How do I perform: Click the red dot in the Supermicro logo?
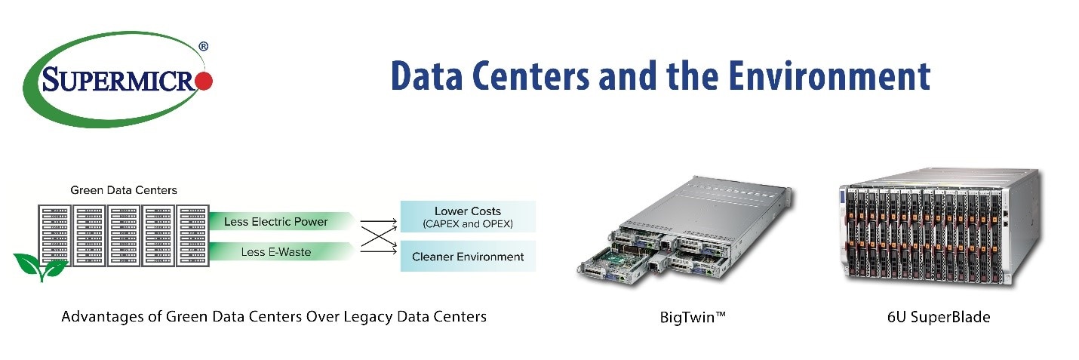pyautogui.click(x=205, y=81)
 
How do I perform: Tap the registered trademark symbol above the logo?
pyautogui.click(x=203, y=47)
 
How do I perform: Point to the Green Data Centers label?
pyautogui.click(x=124, y=190)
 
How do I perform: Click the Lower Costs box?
pyautogui.click(x=467, y=216)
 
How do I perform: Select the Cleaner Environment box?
pyautogui.click(x=467, y=257)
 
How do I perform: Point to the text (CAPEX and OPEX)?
pyautogui.click(x=467, y=224)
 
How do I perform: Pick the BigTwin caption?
pyautogui.click(x=692, y=317)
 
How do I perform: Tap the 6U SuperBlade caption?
pyautogui.click(x=939, y=317)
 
